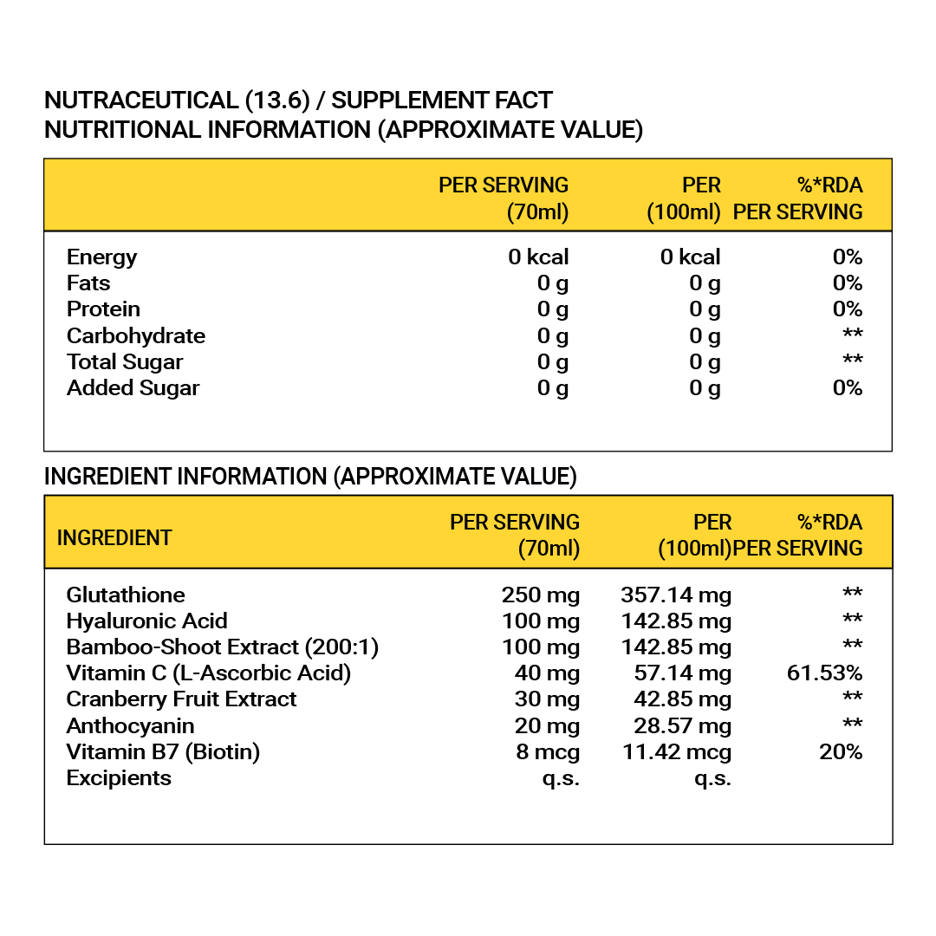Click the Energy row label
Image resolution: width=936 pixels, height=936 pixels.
coord(101,257)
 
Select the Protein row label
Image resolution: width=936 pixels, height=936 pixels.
coord(103,309)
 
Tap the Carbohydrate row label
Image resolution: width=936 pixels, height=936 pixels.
coord(136,335)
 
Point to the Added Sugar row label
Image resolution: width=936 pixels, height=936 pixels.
coord(133,387)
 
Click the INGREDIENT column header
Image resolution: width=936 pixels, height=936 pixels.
coord(114,537)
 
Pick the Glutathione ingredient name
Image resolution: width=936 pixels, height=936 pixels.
coord(126,595)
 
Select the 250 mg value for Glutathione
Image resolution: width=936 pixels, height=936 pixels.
coord(540,595)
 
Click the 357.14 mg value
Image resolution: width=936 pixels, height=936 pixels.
coord(676,595)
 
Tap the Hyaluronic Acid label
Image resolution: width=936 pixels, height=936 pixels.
coord(147,621)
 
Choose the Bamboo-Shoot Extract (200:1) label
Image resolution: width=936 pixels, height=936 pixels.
coord(223,647)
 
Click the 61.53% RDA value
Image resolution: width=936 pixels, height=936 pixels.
coord(824,673)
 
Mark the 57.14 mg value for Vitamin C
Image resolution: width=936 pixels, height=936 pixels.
coord(682,673)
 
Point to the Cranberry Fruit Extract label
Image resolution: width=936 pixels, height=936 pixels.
coord(181,699)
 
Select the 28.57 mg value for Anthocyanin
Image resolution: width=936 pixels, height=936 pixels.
coord(682,725)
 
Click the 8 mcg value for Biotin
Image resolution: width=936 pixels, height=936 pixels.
coord(548,751)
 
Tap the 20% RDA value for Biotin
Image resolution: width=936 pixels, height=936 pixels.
coord(841,751)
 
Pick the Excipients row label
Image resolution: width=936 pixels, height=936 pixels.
coord(119,777)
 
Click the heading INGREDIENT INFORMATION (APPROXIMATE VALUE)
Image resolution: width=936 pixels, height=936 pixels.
coord(310,477)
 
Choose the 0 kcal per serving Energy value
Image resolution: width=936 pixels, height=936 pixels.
coord(538,257)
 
